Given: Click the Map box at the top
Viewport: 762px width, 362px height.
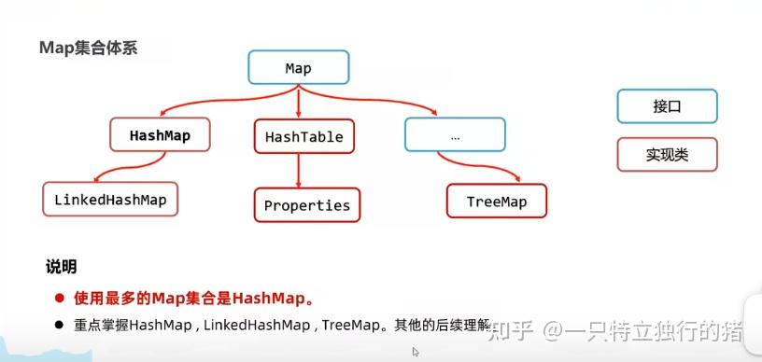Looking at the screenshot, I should (298, 68).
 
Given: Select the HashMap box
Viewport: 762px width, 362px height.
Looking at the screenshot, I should (160, 135).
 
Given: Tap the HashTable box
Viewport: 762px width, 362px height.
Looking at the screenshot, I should (303, 136).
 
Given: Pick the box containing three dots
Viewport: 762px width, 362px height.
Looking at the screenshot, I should (455, 135).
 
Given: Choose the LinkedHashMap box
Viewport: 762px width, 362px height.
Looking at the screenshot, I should (110, 199).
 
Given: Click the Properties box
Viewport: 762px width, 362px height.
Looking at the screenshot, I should (306, 205).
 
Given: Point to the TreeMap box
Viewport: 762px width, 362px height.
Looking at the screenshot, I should (496, 202).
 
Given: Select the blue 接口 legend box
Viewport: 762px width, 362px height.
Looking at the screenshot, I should (667, 106).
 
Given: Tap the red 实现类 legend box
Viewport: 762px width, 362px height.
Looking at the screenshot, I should (667, 155).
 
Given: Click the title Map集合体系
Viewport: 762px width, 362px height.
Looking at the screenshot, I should (88, 48).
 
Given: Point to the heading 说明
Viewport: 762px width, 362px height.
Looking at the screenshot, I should (61, 267).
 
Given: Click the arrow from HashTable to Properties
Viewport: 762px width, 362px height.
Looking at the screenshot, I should (298, 170).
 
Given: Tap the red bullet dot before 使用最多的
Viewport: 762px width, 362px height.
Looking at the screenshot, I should (58, 299).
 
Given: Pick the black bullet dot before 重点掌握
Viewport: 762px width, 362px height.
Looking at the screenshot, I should (58, 324).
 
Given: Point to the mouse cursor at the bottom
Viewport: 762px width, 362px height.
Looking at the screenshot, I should (416, 352).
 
